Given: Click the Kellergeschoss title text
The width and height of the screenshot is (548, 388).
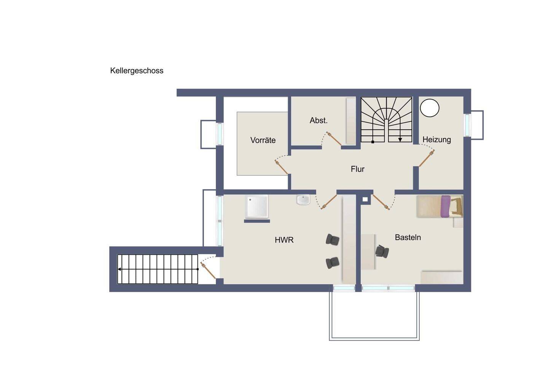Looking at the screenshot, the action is click(x=137, y=71).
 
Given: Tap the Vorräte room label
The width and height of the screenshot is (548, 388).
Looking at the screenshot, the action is click(x=263, y=140).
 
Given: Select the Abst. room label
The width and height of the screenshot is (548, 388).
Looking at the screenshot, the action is click(x=319, y=120).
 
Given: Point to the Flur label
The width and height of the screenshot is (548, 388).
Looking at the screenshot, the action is click(x=357, y=169).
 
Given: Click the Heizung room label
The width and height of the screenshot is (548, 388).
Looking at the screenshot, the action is click(x=437, y=139).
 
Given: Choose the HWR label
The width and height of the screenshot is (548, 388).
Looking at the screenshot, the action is click(x=284, y=240).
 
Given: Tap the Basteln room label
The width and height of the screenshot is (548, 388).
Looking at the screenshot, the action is click(x=408, y=237).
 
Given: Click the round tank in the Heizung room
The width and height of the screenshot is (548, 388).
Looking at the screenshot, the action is click(x=430, y=108).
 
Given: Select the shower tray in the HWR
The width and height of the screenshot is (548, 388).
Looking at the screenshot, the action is click(x=257, y=207).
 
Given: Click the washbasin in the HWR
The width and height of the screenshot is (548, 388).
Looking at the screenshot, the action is click(x=303, y=200).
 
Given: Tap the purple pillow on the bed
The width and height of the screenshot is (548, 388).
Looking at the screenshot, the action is click(x=446, y=206).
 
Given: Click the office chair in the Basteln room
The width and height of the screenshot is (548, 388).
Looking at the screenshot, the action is click(x=382, y=251).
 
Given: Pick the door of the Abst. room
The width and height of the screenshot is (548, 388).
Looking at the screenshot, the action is click(x=334, y=139).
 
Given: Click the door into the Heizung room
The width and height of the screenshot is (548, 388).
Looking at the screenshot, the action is click(x=427, y=158).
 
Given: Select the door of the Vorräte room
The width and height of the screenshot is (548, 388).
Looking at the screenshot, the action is click(x=281, y=167).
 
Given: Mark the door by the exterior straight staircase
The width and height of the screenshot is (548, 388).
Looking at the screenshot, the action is click(x=208, y=270).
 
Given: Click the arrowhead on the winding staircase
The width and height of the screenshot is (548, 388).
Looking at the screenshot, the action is click(x=400, y=139).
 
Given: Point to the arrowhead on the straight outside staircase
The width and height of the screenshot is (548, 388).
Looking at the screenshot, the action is click(x=119, y=269).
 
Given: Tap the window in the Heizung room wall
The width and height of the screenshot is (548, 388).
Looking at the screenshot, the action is click(x=467, y=125).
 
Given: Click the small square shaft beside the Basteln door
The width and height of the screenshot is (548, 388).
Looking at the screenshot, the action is click(x=365, y=199).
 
